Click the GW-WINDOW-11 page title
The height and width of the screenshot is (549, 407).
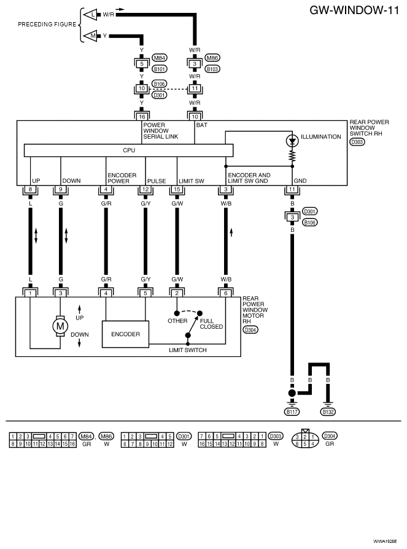[354, 10]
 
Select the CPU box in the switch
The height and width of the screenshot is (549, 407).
[128, 150]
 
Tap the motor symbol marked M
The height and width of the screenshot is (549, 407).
[60, 326]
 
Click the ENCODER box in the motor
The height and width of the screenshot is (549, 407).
[125, 334]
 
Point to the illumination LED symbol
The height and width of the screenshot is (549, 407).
[292, 140]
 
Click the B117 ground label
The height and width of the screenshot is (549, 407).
[292, 412]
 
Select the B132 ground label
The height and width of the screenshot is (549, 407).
[328, 412]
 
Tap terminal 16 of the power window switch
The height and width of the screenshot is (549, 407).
[142, 117]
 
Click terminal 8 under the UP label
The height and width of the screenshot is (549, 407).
[31, 190]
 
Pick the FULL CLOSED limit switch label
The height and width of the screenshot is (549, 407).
[211, 323]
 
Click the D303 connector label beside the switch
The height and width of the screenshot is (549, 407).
[357, 142]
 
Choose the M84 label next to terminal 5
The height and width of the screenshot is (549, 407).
[160, 58]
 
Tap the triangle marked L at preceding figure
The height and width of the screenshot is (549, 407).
[90, 15]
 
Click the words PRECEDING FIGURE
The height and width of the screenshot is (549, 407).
[47, 24]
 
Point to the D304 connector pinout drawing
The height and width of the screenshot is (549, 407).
[305, 439]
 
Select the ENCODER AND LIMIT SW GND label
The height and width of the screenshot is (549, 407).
[249, 178]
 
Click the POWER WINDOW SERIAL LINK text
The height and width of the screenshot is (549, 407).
[160, 131]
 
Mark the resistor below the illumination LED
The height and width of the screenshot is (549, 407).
[292, 156]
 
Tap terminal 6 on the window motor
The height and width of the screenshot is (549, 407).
[225, 293]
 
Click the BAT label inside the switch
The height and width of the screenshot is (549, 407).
[201, 125]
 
